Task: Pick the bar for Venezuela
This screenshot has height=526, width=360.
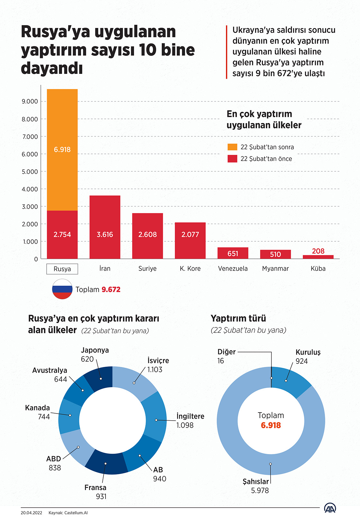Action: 233,253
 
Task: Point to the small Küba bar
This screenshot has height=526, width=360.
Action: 318,257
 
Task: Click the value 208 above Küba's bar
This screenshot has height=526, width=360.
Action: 318,251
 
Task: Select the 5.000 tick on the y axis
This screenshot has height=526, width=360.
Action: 30,172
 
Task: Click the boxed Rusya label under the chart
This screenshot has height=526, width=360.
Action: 62,269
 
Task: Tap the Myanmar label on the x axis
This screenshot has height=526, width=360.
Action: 275,269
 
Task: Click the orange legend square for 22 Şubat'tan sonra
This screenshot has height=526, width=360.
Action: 232,147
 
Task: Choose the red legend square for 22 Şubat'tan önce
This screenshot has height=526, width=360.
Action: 232,159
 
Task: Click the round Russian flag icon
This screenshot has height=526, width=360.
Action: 62,289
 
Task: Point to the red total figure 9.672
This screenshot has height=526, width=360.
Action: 111,290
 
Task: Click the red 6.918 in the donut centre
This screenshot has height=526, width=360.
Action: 271,425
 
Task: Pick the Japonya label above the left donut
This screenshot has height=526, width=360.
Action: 95,350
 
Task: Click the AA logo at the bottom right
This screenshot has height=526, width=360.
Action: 330,508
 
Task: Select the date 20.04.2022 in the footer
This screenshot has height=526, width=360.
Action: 32,513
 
